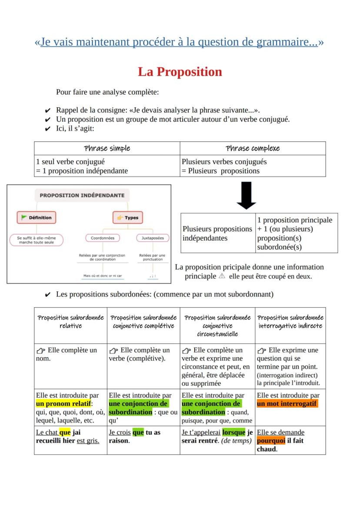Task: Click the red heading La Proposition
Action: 180,72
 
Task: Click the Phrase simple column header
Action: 107,148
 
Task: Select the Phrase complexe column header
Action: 253,148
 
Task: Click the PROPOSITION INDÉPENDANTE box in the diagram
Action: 82,195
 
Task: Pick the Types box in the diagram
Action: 128,218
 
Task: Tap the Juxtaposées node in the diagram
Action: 152,238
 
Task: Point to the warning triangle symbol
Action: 222,276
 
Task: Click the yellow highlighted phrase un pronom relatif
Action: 63,404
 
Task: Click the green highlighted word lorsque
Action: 233,432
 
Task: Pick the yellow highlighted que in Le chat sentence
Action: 65,432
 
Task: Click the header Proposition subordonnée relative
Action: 70,322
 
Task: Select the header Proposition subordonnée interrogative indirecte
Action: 290,322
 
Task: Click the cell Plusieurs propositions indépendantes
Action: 217,233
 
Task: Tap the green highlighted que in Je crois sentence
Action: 138,432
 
